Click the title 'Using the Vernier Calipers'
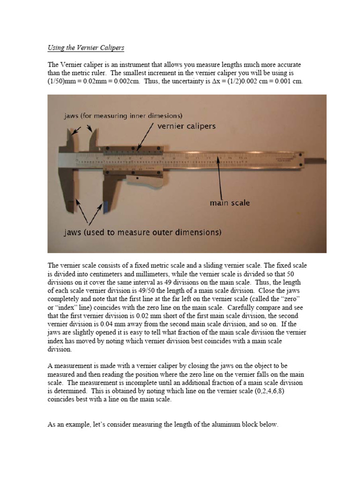pos(86,48)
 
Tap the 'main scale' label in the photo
pos(229,203)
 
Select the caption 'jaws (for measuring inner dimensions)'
pos(123,115)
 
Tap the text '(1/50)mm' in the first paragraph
pos(63,81)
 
